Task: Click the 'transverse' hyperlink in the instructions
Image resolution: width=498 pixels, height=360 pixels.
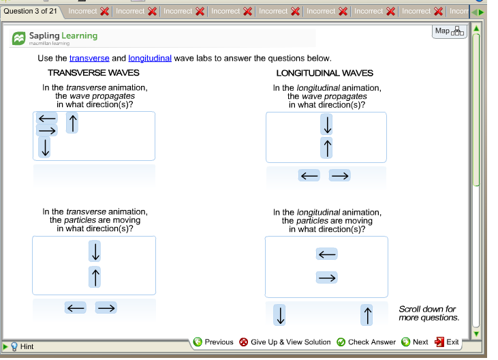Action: [x=89, y=59]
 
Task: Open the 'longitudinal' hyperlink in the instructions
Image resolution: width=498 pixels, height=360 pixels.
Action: [x=150, y=59]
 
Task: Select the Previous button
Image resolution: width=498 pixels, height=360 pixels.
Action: [x=213, y=342]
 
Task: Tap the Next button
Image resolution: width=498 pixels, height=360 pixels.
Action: [x=415, y=342]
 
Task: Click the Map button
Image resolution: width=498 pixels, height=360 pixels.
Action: [x=449, y=31]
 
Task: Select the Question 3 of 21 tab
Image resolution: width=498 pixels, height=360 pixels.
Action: [x=31, y=11]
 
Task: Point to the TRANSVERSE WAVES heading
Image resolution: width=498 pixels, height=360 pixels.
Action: [x=93, y=73]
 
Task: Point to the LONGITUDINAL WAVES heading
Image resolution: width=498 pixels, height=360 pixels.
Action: [x=324, y=73]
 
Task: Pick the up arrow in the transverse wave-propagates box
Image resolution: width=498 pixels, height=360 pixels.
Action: [x=73, y=123]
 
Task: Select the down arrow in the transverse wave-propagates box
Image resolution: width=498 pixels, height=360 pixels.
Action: [x=45, y=147]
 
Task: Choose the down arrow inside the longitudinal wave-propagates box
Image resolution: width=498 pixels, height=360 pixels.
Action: [x=327, y=125]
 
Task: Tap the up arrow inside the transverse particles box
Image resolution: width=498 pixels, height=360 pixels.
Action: [x=95, y=276]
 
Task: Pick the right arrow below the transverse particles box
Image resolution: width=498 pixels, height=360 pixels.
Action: [x=106, y=307]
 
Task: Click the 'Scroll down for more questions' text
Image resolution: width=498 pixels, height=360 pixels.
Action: [x=427, y=313]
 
